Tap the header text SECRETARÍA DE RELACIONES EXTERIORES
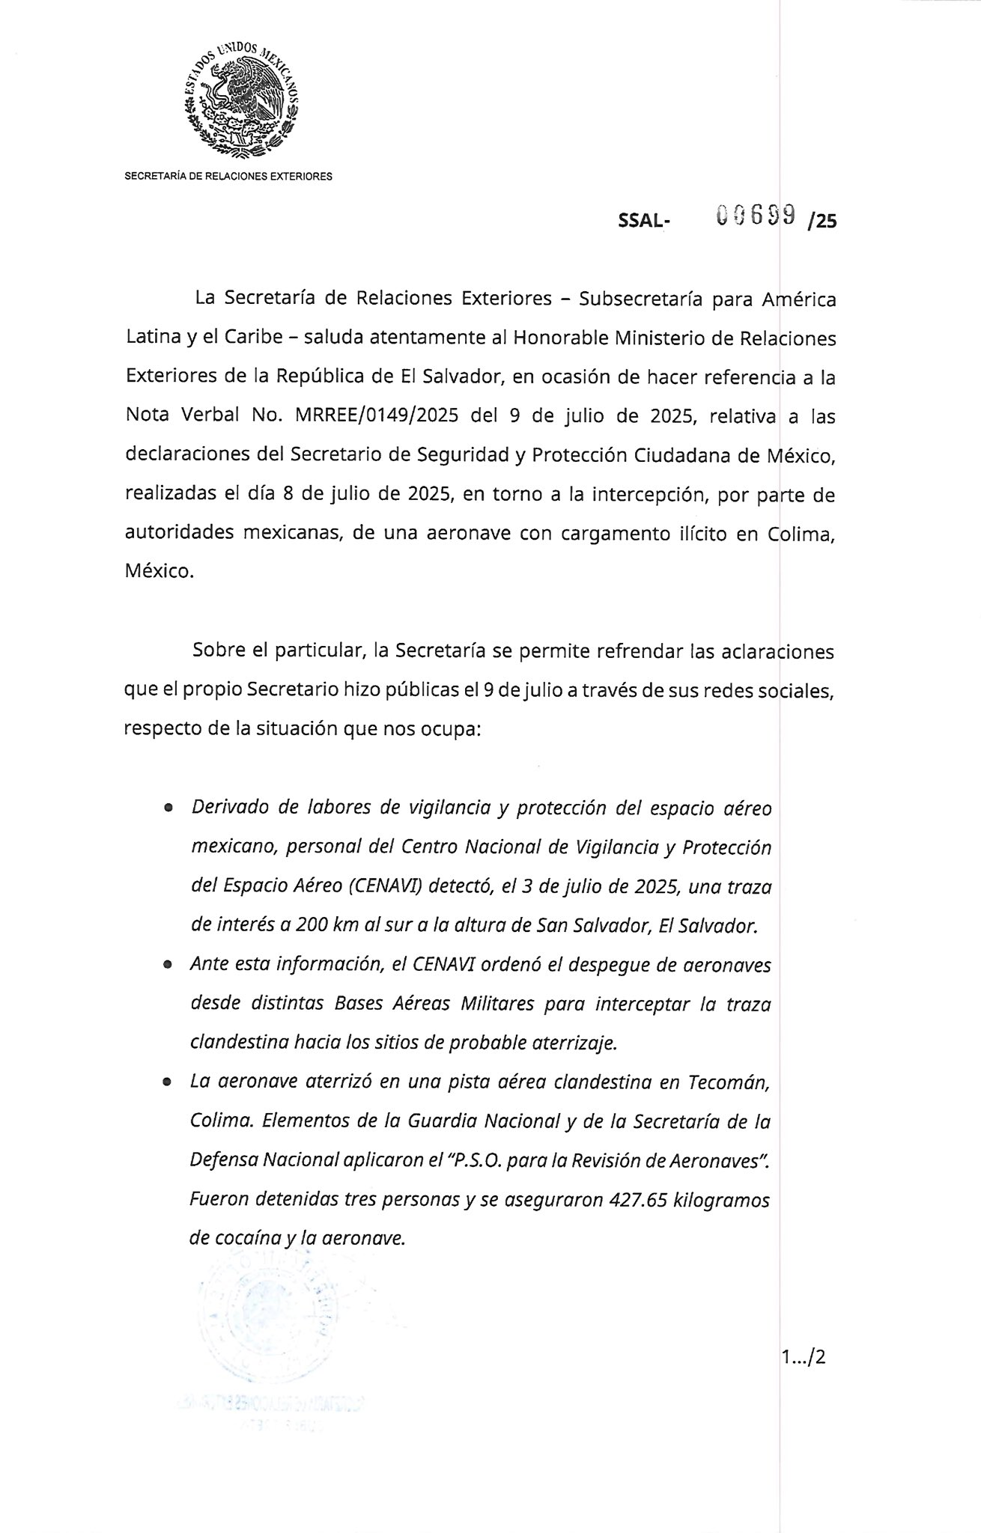click(228, 177)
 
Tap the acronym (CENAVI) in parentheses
click(382, 887)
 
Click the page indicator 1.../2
click(801, 1356)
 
